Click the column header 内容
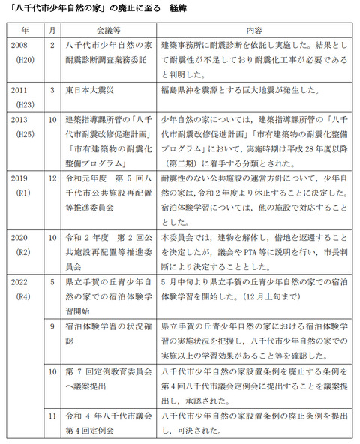(253, 31)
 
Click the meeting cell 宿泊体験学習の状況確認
(109, 334)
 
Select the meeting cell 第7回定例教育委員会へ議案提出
(109, 378)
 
